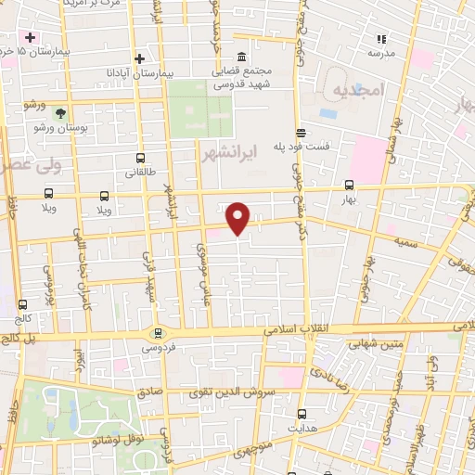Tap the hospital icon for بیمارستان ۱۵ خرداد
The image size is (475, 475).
31,37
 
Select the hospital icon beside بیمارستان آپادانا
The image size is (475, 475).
139,58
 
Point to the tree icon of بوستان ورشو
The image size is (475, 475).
60,111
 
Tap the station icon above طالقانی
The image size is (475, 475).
140,158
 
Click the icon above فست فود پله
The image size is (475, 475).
300,133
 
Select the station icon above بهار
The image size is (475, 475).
350,184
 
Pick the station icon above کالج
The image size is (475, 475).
22,303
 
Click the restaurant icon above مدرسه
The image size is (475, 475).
380,39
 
